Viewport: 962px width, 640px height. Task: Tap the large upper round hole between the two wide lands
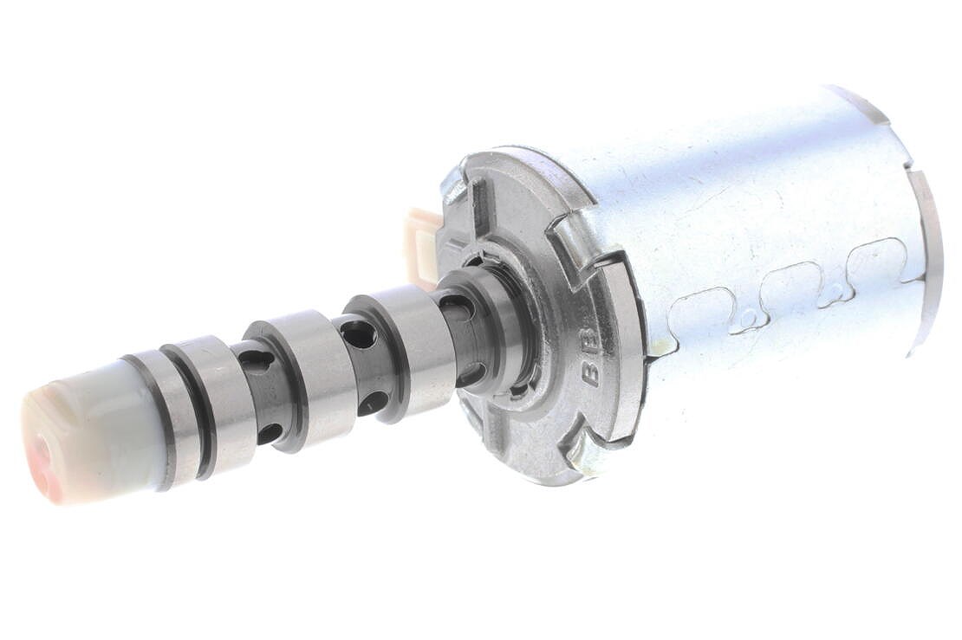click(x=357, y=332)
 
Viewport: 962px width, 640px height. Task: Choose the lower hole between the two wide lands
click(x=373, y=402)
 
